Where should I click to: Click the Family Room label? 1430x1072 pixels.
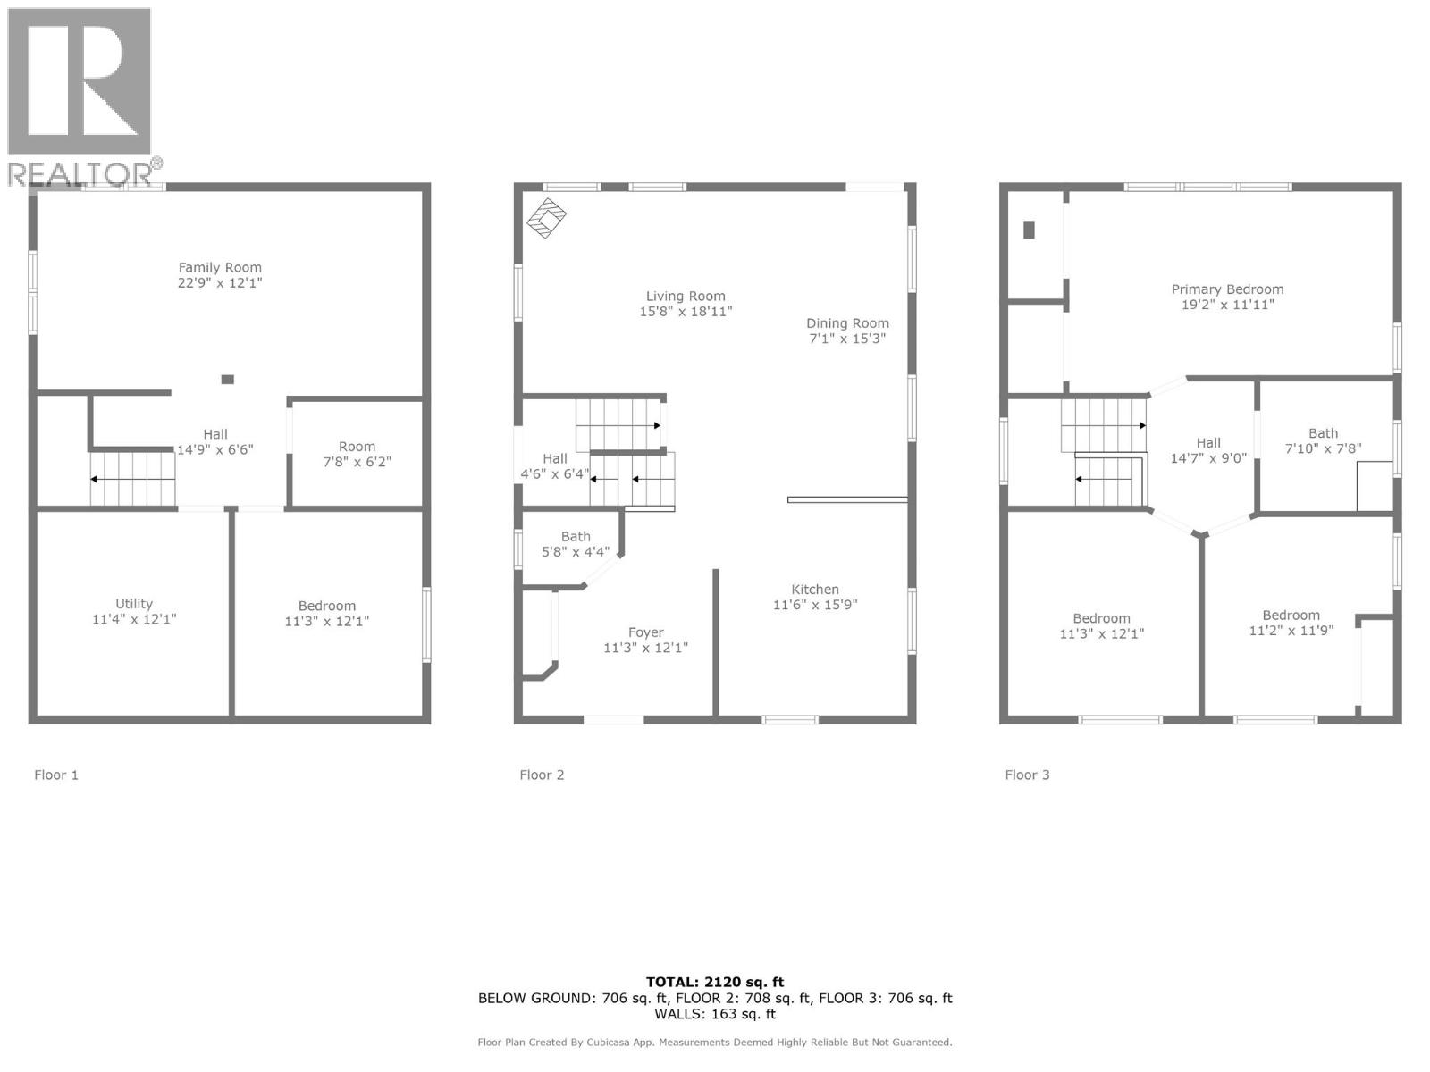coord(220,267)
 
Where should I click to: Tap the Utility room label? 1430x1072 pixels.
coord(134,604)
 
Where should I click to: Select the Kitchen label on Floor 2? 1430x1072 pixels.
coord(815,590)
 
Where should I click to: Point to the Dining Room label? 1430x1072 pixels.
coord(847,323)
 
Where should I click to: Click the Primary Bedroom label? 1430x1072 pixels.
coord(1227,289)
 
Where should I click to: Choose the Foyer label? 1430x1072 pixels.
coord(645,632)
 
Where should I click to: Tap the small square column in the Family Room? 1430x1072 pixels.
coord(228,380)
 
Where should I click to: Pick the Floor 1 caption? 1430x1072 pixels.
coord(56,775)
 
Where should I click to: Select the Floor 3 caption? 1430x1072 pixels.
coord(1027,775)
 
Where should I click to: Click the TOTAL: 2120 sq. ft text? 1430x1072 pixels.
coord(715,982)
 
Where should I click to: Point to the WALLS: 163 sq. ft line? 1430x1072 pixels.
coord(715,1014)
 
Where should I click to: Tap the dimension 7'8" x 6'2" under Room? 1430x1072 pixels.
coord(357,462)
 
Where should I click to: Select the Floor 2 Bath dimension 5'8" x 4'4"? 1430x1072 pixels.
coord(576,552)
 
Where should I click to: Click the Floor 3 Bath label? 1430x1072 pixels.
coord(1324,433)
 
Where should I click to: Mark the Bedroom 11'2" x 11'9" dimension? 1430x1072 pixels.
coord(1291,630)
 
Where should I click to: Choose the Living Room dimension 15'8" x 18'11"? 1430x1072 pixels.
coord(686,312)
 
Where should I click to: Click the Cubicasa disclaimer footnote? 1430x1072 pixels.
coord(715,1042)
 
